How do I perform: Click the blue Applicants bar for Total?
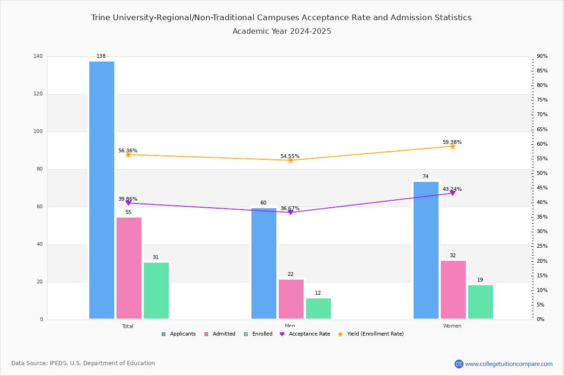coord(102,190)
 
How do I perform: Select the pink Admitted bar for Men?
coord(291,299)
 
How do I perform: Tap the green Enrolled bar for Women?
coord(480,302)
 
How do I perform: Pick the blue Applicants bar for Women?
coord(426,251)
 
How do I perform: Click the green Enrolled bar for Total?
coord(156,290)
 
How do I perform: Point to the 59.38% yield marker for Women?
coord(453,146)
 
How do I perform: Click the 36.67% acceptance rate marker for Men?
coord(290,212)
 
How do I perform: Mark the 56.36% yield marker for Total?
coord(128,155)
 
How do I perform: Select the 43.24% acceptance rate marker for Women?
coord(453,193)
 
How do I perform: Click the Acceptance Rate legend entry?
coord(305,334)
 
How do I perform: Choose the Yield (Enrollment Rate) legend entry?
coord(371,334)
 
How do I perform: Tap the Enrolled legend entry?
coord(258,334)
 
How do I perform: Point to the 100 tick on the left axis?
coord(38,132)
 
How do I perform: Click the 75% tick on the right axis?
coord(542,100)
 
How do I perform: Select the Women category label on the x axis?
coord(452,326)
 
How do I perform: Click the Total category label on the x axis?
coord(128,326)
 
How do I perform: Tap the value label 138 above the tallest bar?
coord(101,56)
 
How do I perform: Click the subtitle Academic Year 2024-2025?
coord(282,31)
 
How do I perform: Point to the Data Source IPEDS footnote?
coord(83,363)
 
